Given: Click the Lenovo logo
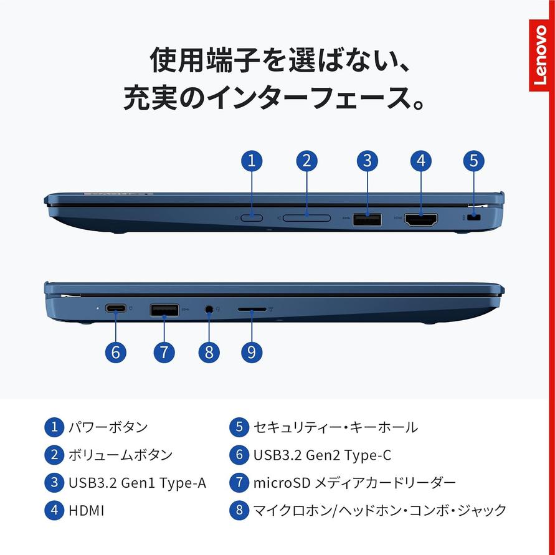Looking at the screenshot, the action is pyautogui.click(x=539, y=55).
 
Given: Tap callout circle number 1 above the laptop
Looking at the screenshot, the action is pyautogui.click(x=252, y=161).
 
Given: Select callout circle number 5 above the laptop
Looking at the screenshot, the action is pyautogui.click(x=473, y=161).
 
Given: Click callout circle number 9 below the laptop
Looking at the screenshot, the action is pyautogui.click(x=252, y=352).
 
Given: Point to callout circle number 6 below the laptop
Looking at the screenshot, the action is pyautogui.click(x=116, y=352).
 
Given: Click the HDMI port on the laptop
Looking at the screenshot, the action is pyautogui.click(x=421, y=220).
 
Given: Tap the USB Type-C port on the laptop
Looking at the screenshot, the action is pyautogui.click(x=116, y=309).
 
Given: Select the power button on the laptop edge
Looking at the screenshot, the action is pyautogui.click(x=252, y=217).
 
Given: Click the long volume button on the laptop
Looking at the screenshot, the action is pyautogui.click(x=307, y=217).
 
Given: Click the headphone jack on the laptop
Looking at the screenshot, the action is pyautogui.click(x=209, y=309).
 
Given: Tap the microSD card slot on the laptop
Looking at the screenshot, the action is pyautogui.click(x=252, y=310).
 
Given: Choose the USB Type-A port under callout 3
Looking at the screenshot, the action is pyautogui.click(x=367, y=219).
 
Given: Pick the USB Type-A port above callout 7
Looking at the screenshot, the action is pyautogui.click(x=164, y=310).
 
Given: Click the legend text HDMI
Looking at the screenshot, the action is pyautogui.click(x=87, y=511).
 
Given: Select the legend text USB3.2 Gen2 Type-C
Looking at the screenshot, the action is pyautogui.click(x=323, y=455).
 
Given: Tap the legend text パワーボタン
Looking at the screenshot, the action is pyautogui.click(x=108, y=427).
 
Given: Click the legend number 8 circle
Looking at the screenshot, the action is pyautogui.click(x=239, y=510).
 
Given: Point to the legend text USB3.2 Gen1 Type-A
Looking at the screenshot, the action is pyautogui.click(x=137, y=483).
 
